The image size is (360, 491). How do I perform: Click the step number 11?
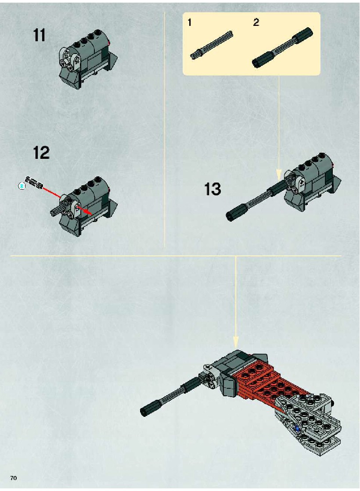tap(39, 35)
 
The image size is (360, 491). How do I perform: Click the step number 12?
tap(41, 153)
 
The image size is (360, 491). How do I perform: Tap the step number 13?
tap(212, 189)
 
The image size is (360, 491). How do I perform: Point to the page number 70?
tap(14, 478)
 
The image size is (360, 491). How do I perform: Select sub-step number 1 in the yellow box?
tap(190, 22)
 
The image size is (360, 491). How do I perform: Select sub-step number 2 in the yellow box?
tap(256, 22)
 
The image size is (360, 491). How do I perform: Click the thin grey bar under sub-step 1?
tap(212, 45)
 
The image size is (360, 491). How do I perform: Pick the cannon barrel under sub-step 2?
tap(282, 47)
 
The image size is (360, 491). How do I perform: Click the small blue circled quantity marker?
tap(22, 186)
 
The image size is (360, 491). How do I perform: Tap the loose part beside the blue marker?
tap(34, 182)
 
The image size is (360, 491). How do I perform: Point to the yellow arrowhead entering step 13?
tap(278, 175)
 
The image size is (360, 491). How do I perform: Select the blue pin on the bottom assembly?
tap(296, 428)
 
